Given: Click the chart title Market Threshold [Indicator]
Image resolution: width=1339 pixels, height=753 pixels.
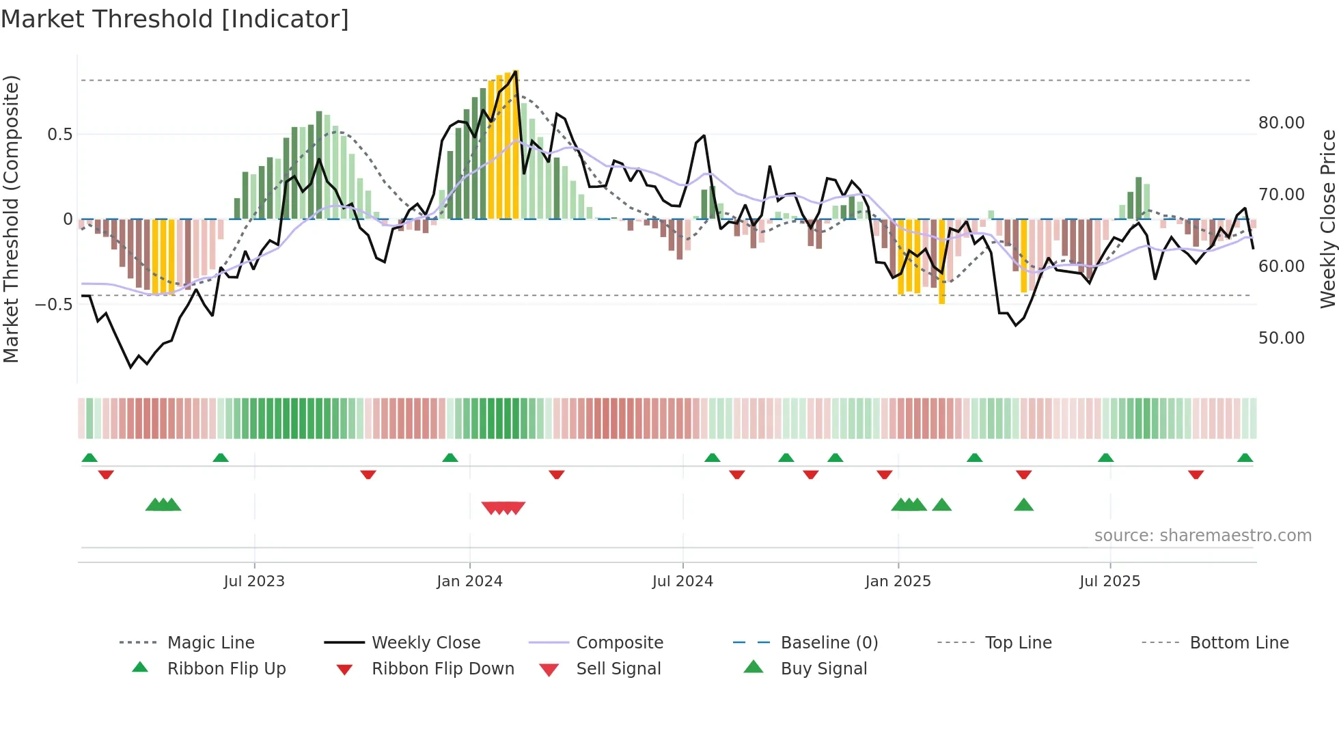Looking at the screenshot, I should [175, 19].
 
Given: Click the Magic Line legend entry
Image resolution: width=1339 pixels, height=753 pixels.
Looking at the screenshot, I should [210, 642].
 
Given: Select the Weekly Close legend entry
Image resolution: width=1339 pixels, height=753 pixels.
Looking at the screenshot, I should [426, 642].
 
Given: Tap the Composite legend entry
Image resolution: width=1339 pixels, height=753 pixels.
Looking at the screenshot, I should [619, 642].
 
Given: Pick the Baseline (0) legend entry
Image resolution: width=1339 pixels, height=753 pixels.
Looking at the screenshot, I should [829, 642].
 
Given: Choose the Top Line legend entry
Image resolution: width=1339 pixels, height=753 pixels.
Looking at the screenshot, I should [1018, 642].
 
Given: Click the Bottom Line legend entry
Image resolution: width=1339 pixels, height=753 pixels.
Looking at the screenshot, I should [1239, 642].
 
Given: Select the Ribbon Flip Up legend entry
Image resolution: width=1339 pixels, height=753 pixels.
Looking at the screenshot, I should [226, 668].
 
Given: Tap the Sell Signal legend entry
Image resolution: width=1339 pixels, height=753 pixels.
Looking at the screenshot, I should [618, 668].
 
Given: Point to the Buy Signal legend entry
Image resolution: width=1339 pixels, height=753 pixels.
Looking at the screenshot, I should [823, 668].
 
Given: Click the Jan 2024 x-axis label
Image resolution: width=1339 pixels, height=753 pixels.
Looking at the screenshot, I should [469, 581].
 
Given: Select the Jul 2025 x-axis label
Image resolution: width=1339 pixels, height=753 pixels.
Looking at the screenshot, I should [1109, 581].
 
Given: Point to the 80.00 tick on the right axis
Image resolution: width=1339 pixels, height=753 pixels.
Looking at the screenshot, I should [1281, 122].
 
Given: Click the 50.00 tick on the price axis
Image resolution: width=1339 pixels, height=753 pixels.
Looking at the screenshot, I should [1281, 338].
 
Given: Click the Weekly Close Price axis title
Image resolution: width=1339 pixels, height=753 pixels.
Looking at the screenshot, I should [1327, 219].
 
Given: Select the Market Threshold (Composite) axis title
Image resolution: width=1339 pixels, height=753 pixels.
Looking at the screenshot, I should [11, 219].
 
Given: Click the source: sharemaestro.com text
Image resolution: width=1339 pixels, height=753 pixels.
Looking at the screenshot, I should [1202, 535].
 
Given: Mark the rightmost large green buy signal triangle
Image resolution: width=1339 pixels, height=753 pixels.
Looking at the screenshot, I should [1023, 505].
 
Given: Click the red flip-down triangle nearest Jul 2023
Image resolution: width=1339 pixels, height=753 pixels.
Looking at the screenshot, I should [368, 474].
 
